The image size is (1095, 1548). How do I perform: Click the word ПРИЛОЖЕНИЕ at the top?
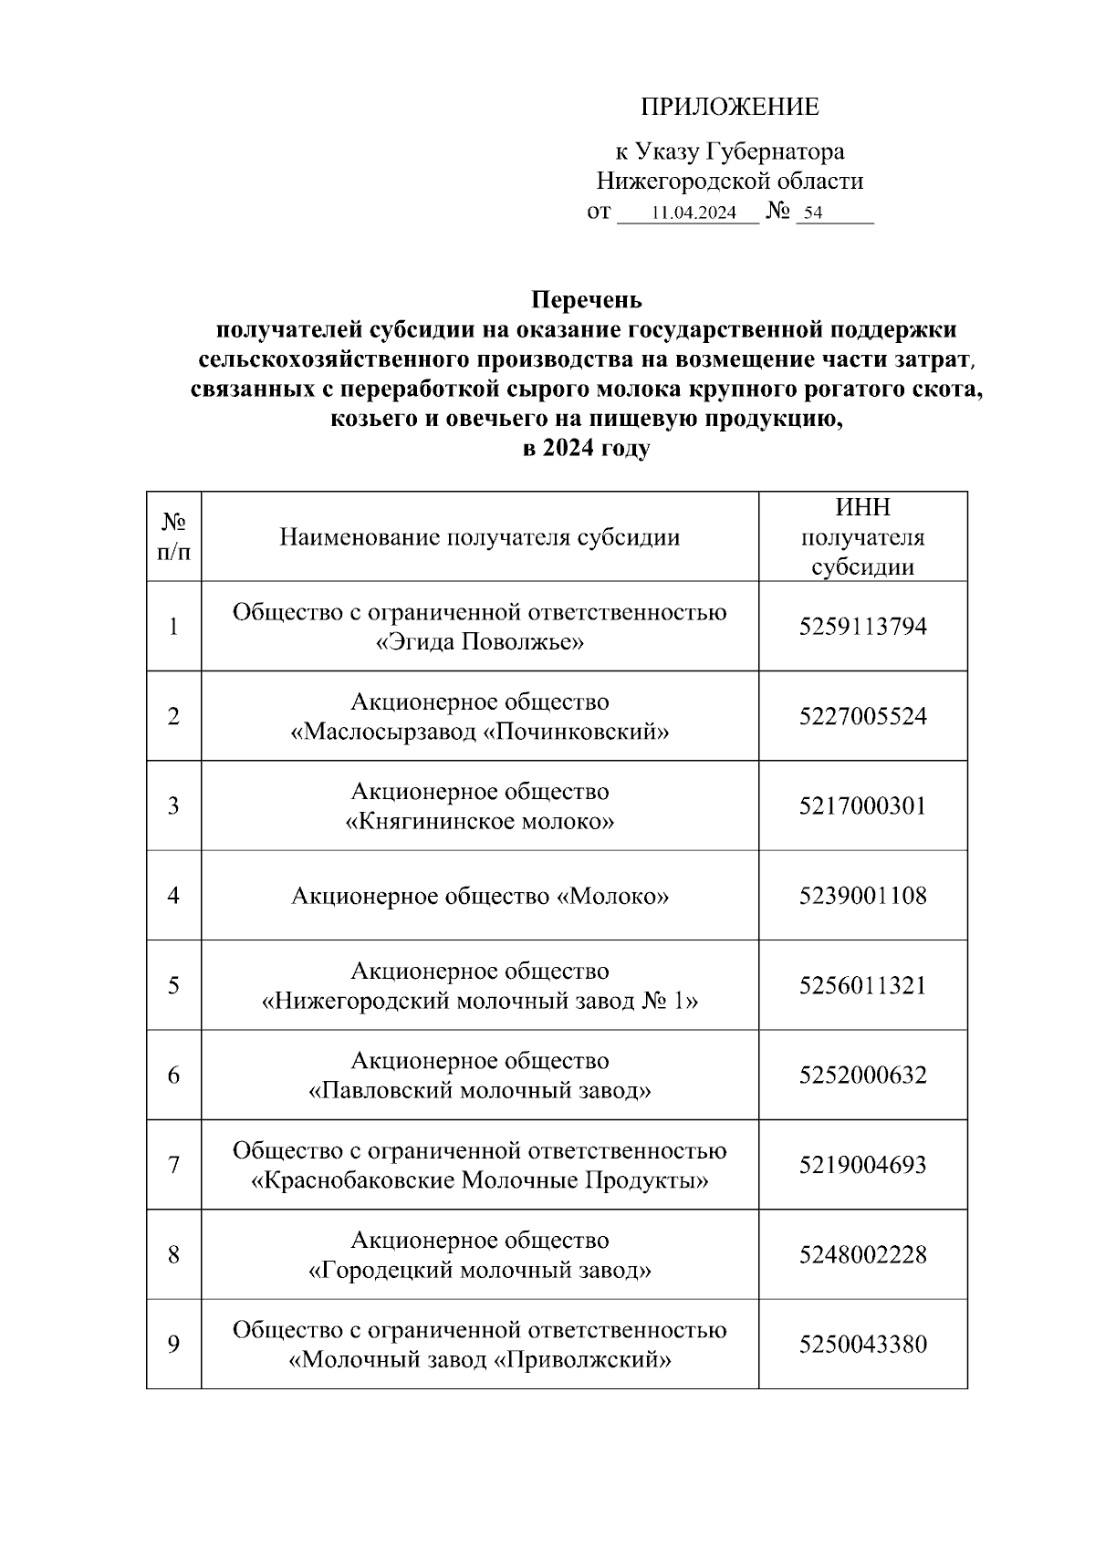tap(729, 108)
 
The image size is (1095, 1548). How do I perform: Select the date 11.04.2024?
tap(694, 213)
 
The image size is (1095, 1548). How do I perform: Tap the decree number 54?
tap(812, 213)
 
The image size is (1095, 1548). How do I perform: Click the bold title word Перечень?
tap(587, 300)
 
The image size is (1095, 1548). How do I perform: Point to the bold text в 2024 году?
tap(586, 449)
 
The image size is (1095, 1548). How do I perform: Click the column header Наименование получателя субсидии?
tap(479, 537)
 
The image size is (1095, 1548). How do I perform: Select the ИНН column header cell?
tap(862, 537)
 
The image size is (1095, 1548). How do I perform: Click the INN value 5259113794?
tap(862, 627)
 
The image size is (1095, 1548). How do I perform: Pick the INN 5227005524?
tap(862, 716)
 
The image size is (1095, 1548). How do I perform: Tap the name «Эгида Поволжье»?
tap(479, 642)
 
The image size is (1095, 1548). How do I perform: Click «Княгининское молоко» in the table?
tap(479, 822)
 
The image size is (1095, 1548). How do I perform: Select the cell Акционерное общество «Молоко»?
tap(479, 896)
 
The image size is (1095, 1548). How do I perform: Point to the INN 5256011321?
tap(862, 985)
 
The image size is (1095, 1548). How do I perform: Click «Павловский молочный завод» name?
tap(479, 1091)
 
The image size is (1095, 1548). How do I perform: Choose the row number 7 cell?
tap(173, 1165)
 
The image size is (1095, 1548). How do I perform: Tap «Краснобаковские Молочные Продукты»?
tap(479, 1180)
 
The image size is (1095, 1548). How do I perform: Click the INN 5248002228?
tap(862, 1255)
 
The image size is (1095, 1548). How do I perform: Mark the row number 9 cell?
tap(173, 1345)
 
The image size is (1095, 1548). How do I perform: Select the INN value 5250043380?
tap(862, 1345)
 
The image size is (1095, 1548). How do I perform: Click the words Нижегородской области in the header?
tap(729, 181)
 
